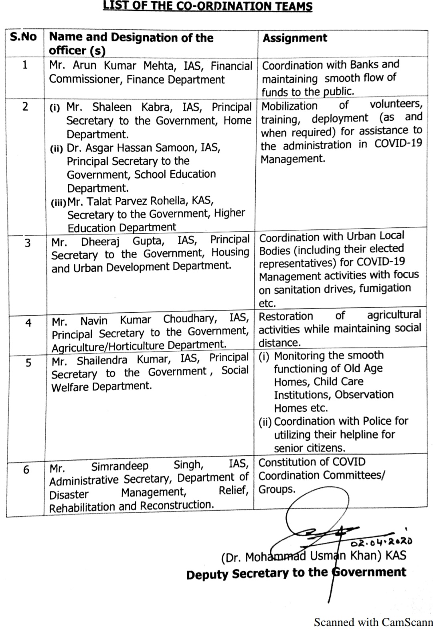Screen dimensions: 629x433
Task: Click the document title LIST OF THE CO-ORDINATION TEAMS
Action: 207,6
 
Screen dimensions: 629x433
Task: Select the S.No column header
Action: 23,37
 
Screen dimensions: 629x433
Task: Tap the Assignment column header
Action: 295,38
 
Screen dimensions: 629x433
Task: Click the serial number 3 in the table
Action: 27,243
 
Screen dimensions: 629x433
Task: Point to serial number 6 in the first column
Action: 26,469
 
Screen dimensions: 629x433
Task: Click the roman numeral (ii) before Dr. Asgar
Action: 57,149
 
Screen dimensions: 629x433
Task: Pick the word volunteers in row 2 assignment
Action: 396,104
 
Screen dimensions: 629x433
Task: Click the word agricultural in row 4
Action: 394,315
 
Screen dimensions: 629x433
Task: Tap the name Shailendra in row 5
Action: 102,360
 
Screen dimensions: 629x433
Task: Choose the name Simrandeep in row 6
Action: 119,467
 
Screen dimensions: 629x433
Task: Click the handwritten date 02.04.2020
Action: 381,542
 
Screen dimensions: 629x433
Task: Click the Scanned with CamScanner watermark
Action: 373,622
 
